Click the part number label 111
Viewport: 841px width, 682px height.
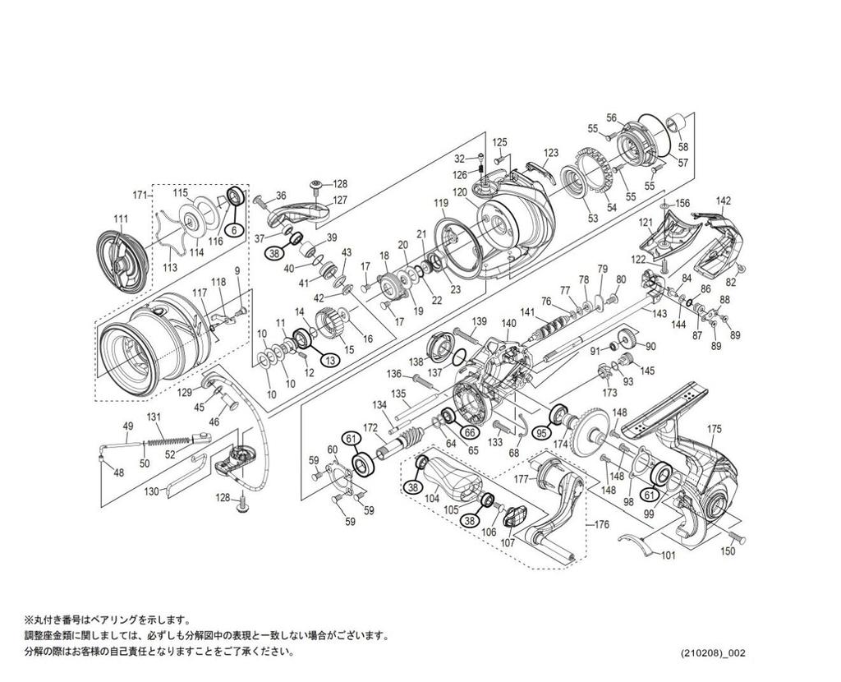pos(121,218)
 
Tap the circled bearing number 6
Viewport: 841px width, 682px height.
pos(234,231)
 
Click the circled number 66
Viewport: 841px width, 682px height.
pos(469,432)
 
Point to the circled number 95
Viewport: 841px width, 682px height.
pos(541,432)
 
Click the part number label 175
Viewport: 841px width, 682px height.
pos(714,428)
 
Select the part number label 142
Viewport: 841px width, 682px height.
pos(723,200)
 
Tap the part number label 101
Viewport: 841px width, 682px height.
pos(667,555)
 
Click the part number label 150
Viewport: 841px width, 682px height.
pos(728,551)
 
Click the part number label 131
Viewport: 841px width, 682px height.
pos(154,417)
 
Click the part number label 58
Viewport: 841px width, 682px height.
pos(683,147)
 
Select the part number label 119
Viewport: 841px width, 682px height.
pos(442,203)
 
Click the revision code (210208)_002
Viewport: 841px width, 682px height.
pos(712,653)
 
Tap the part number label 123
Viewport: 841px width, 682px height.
pos(550,153)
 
